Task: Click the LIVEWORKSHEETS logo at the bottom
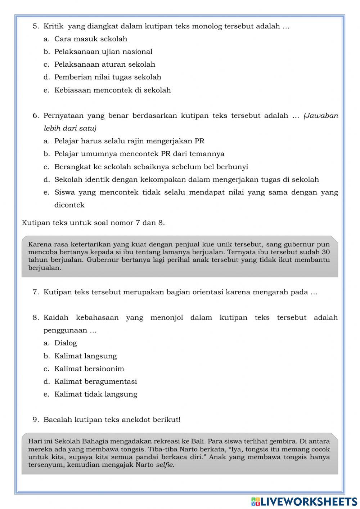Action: (x=304, y=501)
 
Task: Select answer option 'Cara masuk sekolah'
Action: (x=90, y=39)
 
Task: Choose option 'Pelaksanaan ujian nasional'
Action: (x=103, y=52)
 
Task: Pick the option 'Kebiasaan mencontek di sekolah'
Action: (x=112, y=90)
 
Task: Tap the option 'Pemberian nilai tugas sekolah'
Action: (x=107, y=77)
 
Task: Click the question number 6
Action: (x=36, y=116)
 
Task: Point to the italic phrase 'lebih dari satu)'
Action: (x=70, y=128)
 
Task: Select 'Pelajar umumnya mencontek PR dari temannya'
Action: (x=139, y=154)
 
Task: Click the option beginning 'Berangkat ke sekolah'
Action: (x=151, y=167)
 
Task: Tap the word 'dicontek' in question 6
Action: (x=69, y=205)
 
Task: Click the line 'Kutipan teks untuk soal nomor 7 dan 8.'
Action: (x=93, y=223)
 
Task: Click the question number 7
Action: (x=36, y=292)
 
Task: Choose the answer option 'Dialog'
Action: (x=66, y=343)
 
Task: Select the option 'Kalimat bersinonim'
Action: (x=89, y=369)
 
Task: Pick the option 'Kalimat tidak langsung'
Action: (x=95, y=394)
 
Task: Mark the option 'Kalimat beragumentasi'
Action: (x=95, y=381)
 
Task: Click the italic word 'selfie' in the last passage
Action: (x=165, y=465)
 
